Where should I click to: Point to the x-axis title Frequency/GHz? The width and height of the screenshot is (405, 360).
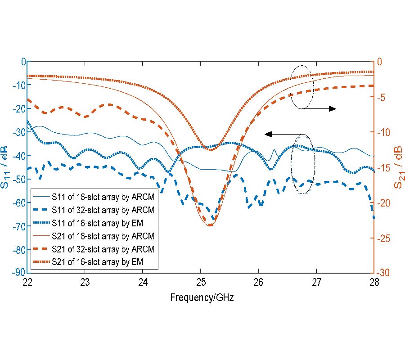pyautogui.click(x=202, y=297)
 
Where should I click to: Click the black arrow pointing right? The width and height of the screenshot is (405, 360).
pyautogui.click(x=324, y=108)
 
